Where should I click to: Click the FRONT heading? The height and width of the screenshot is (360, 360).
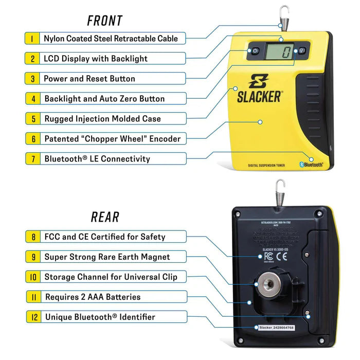pyautogui.click(x=104, y=21)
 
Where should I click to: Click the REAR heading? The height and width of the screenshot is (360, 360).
pyautogui.click(x=105, y=217)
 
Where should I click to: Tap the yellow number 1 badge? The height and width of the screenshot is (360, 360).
pyautogui.click(x=32, y=38)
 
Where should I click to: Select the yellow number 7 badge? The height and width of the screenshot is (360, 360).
pyautogui.click(x=32, y=158)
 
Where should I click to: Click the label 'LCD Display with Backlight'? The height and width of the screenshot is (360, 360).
pyautogui.click(x=95, y=59)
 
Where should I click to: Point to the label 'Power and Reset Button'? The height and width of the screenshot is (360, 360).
pyautogui.click(x=89, y=79)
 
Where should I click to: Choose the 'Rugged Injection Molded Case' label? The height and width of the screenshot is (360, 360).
pyautogui.click(x=102, y=119)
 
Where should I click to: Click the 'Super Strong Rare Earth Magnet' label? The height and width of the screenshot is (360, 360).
pyautogui.click(x=107, y=257)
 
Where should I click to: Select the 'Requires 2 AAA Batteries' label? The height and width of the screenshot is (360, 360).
pyautogui.click(x=93, y=297)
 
